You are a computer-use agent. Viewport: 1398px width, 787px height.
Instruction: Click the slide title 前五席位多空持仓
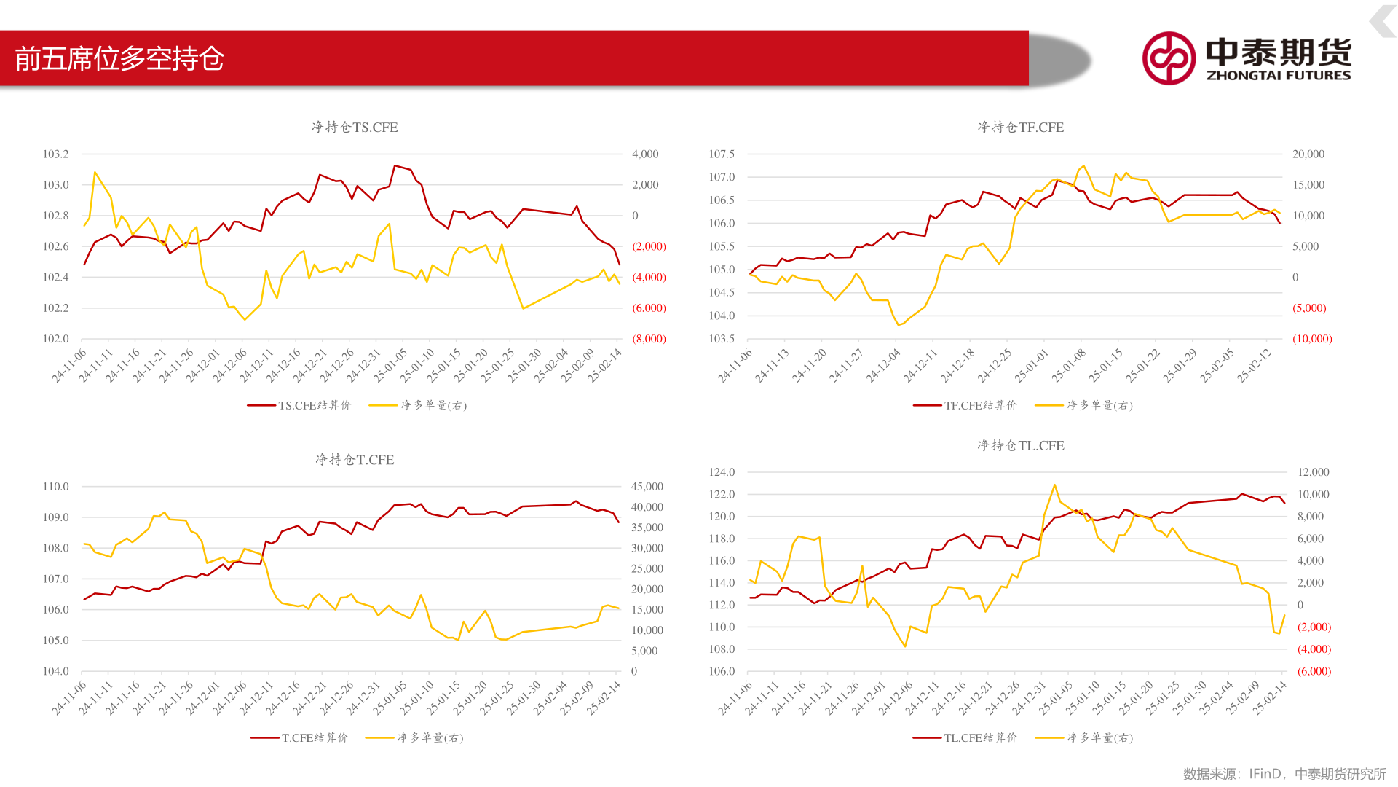[119, 58]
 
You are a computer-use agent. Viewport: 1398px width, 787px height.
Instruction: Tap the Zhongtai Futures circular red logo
[1168, 58]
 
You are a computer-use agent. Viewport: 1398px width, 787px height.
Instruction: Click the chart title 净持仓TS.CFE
[355, 128]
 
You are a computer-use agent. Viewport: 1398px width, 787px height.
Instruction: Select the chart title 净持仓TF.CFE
[1020, 128]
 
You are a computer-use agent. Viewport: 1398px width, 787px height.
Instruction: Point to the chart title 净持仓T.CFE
[355, 460]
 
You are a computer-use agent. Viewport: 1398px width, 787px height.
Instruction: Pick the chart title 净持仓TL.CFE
[1020, 445]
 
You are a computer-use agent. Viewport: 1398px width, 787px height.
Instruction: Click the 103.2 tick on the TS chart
[56, 154]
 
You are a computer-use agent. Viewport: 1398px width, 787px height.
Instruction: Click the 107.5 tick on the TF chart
[722, 154]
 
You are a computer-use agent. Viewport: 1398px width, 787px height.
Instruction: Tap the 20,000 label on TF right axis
[1308, 154]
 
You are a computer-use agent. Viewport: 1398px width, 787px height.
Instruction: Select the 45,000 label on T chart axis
[647, 486]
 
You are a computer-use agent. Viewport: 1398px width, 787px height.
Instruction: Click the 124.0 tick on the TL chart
[722, 472]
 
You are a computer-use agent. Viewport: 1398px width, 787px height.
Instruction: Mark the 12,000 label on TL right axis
[1313, 472]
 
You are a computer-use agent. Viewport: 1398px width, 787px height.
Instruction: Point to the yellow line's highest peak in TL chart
[1054, 485]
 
